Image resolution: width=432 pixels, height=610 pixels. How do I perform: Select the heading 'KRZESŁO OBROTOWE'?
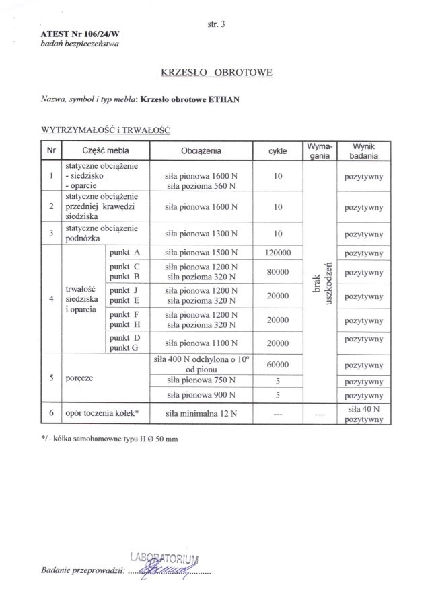click(x=216, y=72)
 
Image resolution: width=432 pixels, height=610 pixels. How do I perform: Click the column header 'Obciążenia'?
click(x=201, y=150)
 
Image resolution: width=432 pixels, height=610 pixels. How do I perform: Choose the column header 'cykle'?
click(x=277, y=151)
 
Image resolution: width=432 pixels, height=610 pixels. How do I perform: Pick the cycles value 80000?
click(x=277, y=272)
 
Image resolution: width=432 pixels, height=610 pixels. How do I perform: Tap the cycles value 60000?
click(x=277, y=365)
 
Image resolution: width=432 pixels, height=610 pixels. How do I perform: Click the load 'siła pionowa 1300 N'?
click(x=201, y=234)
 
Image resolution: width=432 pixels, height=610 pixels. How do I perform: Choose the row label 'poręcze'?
click(x=79, y=378)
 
